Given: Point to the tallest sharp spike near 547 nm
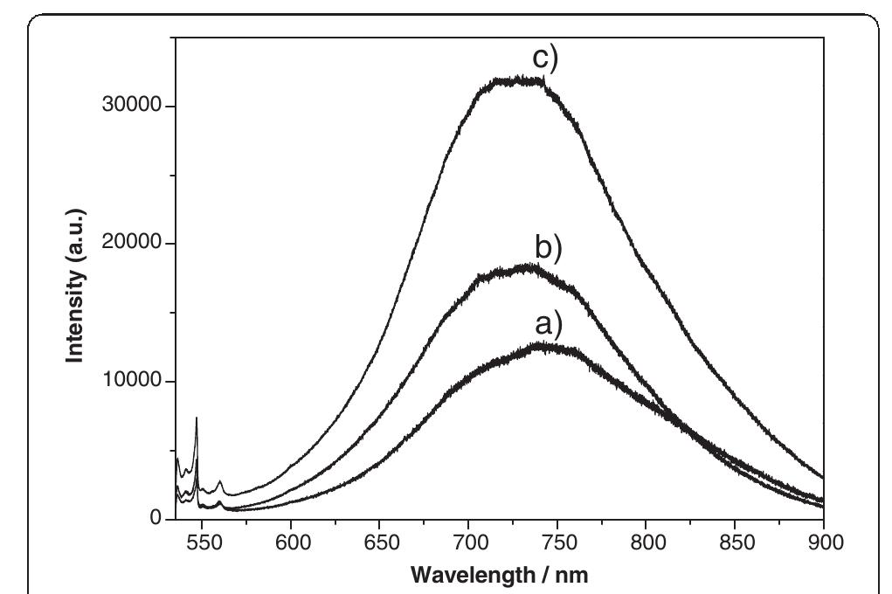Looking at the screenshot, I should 197,419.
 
